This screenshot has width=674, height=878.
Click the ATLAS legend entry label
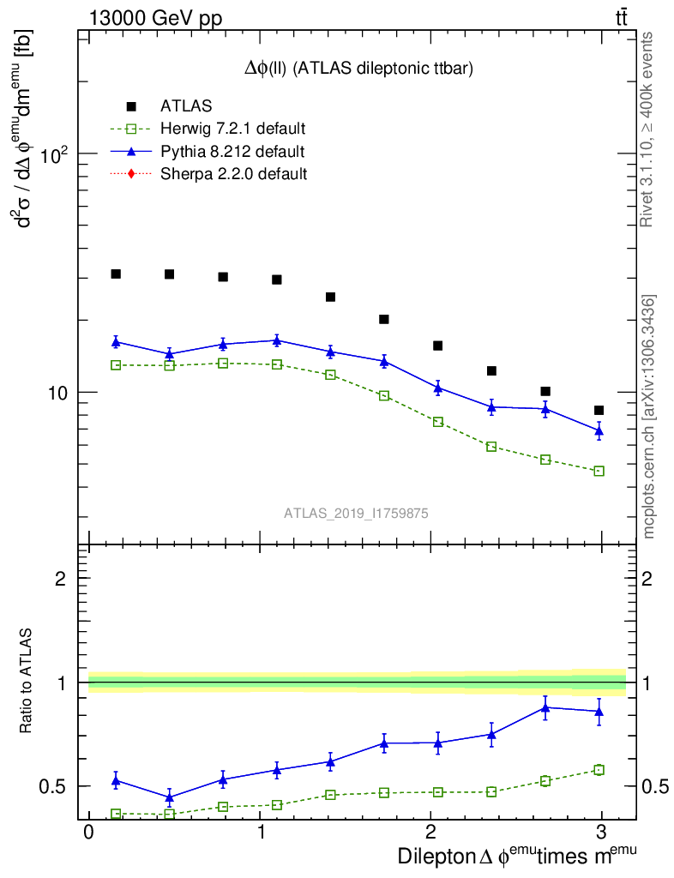click(x=186, y=106)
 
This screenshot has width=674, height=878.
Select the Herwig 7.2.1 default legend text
click(x=233, y=129)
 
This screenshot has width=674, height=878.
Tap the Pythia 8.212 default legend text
click(x=232, y=152)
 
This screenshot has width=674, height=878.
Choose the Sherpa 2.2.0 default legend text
click(x=233, y=174)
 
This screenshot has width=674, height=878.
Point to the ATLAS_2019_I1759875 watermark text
click(x=356, y=513)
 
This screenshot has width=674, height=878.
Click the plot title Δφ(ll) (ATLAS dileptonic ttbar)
click(x=358, y=68)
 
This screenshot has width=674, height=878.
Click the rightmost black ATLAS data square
click(x=599, y=411)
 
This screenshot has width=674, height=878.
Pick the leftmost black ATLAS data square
click(x=116, y=274)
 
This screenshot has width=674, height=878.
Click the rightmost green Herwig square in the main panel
click(x=599, y=471)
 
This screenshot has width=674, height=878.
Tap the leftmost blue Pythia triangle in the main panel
click(x=116, y=341)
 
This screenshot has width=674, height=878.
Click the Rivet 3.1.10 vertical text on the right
click(x=647, y=129)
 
